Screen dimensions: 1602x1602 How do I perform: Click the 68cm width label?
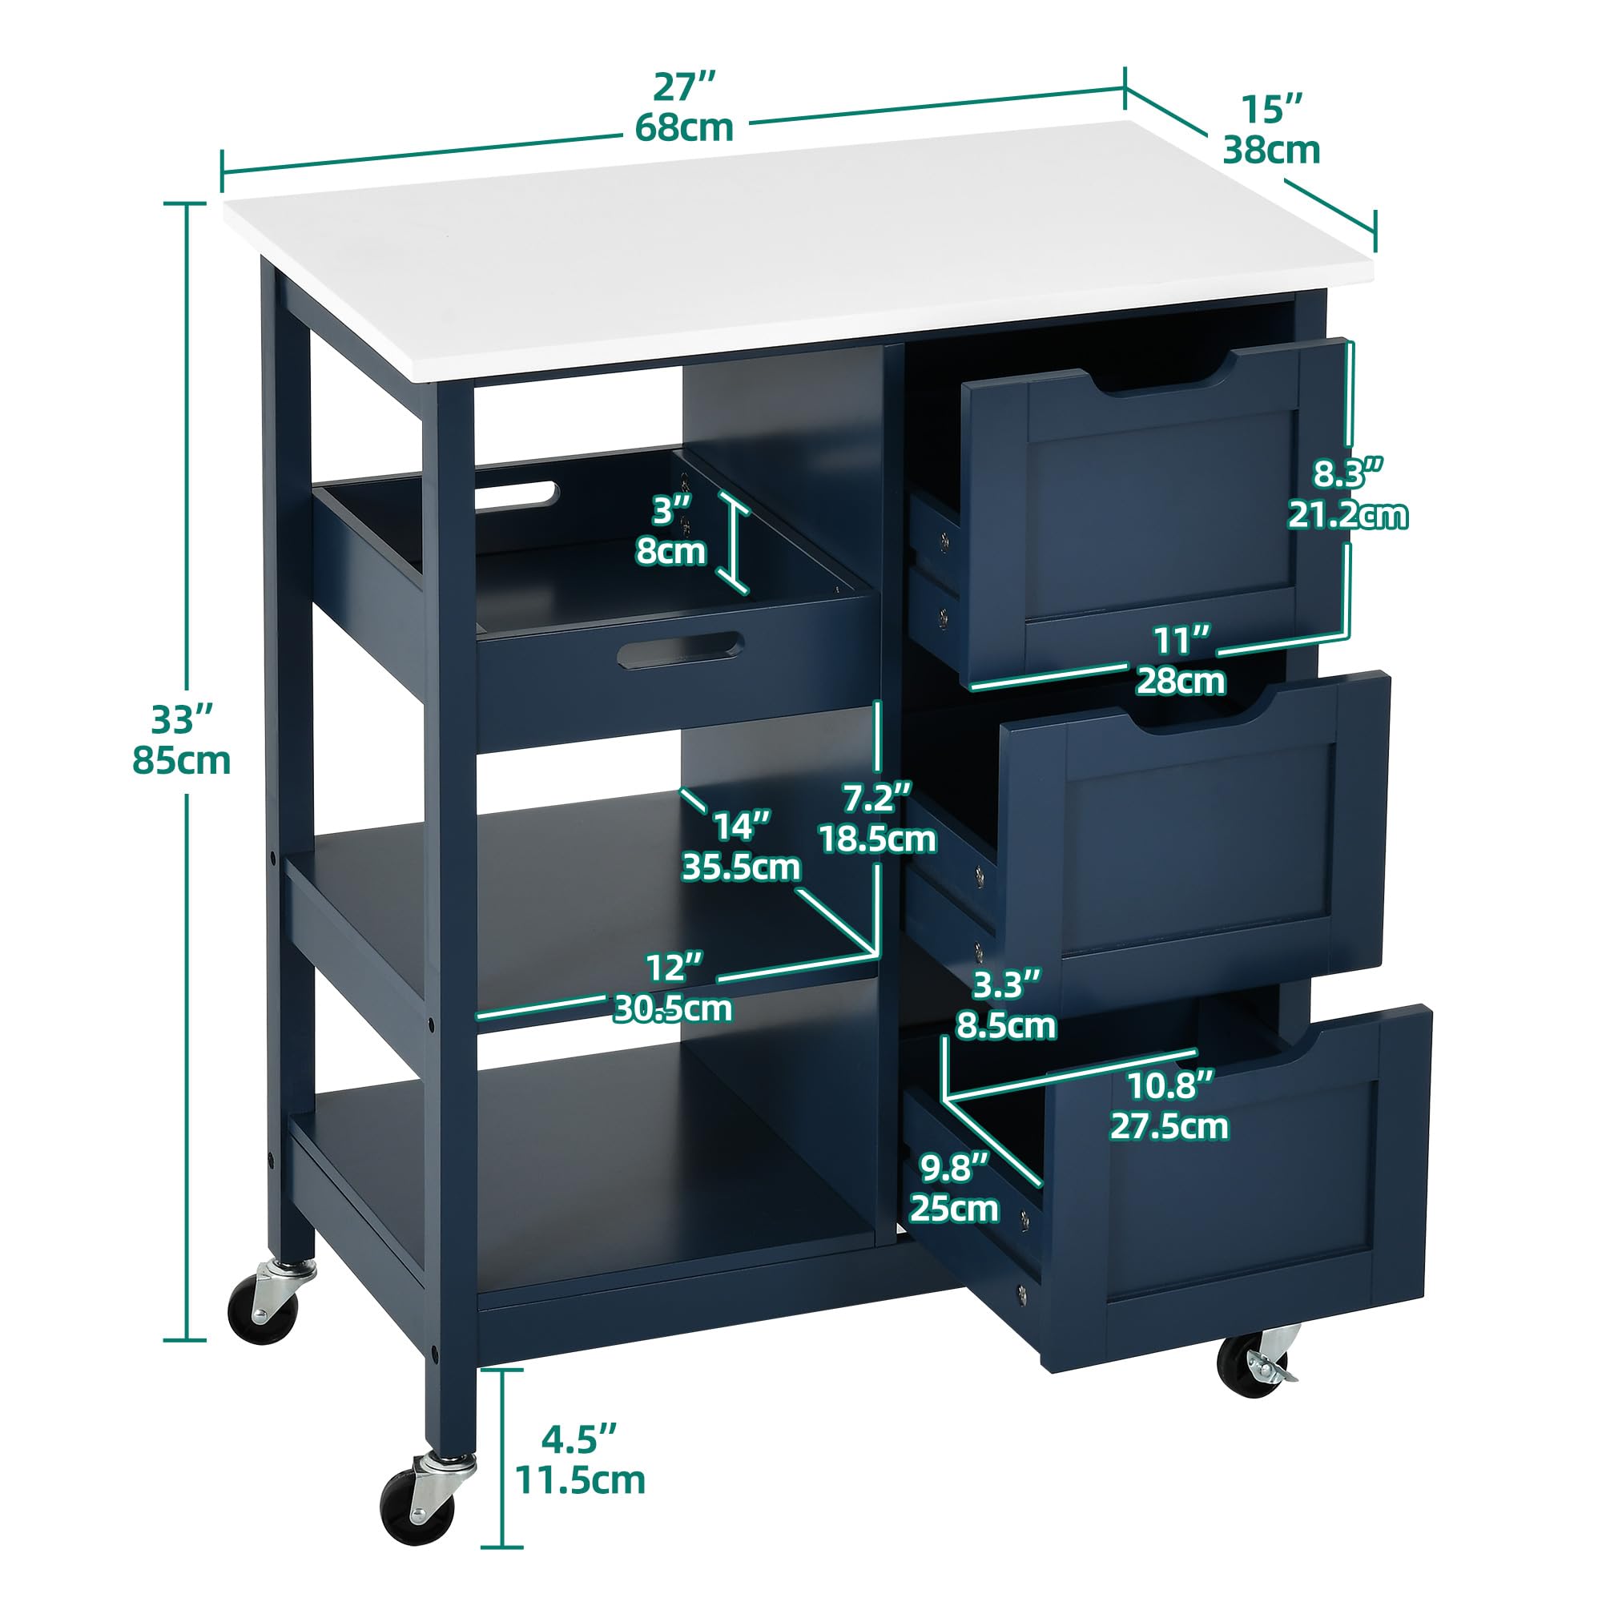[684, 127]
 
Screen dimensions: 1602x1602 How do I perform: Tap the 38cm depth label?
[1272, 150]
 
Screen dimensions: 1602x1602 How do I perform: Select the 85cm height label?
[182, 760]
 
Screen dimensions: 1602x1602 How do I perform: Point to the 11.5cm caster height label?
[581, 1480]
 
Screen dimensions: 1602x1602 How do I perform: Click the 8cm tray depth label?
[670, 550]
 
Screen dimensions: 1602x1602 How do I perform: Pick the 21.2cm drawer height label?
[1347, 515]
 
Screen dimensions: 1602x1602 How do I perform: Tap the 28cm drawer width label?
[1181, 682]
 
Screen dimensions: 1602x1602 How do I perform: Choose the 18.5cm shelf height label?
[878, 839]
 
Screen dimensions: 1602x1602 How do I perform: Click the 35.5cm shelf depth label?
[741, 867]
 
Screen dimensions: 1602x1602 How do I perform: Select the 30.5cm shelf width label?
[674, 1008]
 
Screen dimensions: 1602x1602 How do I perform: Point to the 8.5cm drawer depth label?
[1007, 1026]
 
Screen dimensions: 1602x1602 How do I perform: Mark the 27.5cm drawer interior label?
[1169, 1126]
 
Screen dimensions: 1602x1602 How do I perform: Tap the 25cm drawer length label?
[955, 1209]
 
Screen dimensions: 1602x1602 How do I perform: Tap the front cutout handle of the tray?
[680, 651]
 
